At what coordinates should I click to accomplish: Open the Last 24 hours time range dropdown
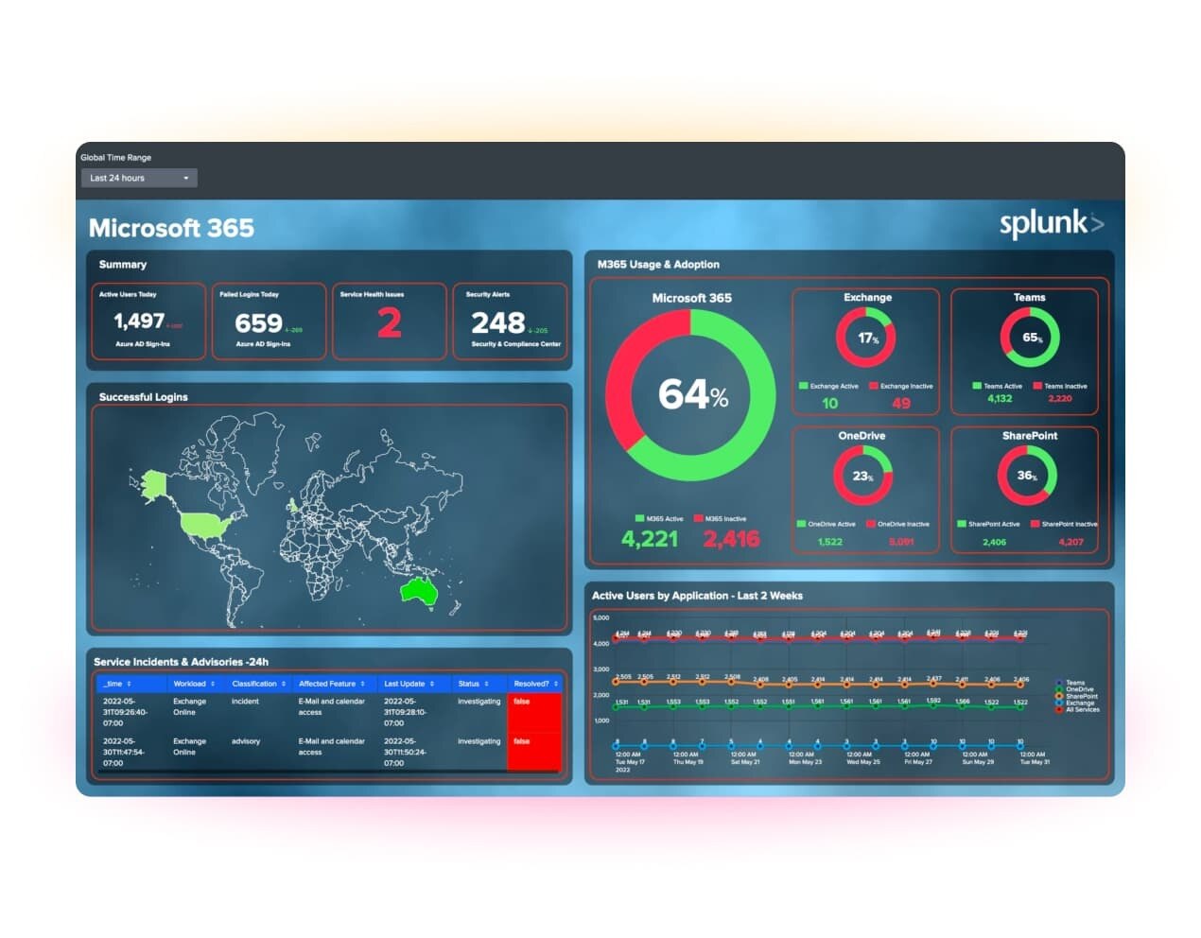[x=138, y=178]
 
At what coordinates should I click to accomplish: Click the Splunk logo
[x=1051, y=224]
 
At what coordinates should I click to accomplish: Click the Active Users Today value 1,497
[x=139, y=321]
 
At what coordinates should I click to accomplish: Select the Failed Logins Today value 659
[x=258, y=323]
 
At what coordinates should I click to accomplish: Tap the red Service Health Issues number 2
[x=389, y=323]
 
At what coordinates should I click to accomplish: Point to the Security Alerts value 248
[x=497, y=323]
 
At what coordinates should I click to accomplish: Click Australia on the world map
[x=419, y=591]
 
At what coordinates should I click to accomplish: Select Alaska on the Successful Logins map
[x=153, y=482]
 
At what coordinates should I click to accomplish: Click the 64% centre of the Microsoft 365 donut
[x=692, y=394]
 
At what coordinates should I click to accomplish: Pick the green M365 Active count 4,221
[x=650, y=539]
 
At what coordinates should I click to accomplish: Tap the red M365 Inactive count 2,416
[x=731, y=539]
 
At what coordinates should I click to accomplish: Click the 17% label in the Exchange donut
[x=867, y=338]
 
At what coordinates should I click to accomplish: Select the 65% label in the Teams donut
[x=1031, y=338]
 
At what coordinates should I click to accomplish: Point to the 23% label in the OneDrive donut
[x=862, y=476]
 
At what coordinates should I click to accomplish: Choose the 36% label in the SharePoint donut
[x=1027, y=476]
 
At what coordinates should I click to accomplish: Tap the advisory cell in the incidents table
[x=246, y=741]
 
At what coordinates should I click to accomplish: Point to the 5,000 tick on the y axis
[x=600, y=617]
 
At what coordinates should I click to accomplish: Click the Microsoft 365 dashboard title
[x=171, y=228]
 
